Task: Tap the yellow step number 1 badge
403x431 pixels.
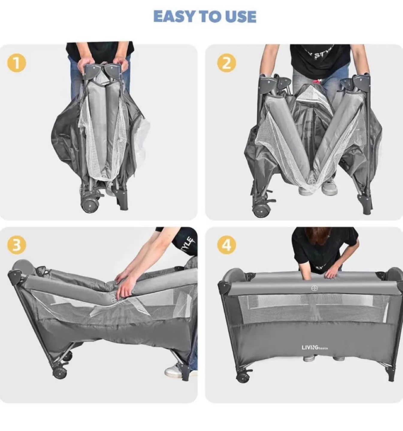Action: coord(17,63)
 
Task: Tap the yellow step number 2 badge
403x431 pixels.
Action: coord(227,63)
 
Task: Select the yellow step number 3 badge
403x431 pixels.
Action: coord(17,245)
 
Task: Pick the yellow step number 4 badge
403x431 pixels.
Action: coord(227,245)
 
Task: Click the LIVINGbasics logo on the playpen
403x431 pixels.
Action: coord(315,347)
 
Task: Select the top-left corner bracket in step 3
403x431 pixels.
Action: coord(15,275)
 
